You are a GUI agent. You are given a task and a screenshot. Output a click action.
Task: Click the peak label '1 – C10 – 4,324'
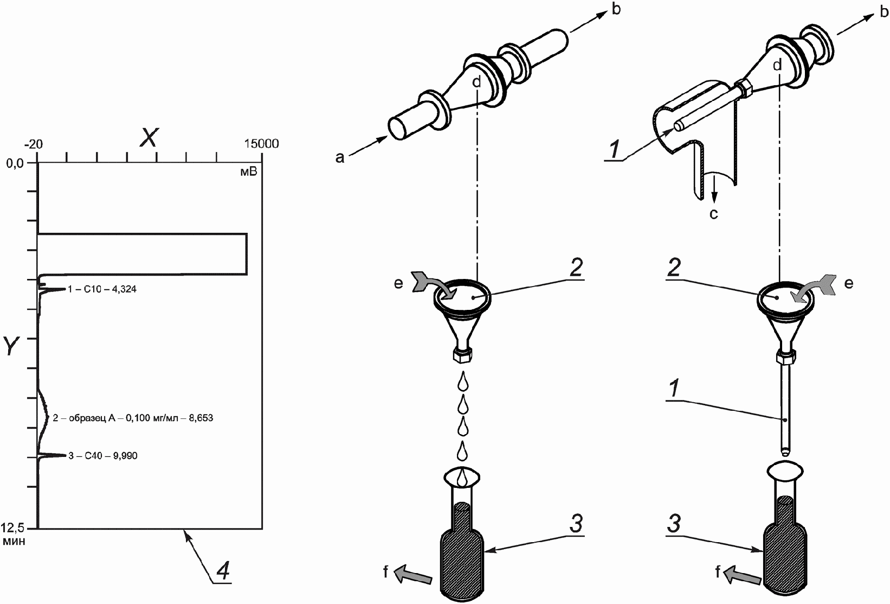tap(102, 289)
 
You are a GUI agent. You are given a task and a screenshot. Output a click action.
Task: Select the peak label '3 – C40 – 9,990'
tap(103, 456)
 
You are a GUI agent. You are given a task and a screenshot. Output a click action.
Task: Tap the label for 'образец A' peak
tap(133, 418)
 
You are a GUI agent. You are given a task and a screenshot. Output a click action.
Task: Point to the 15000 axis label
tap(261, 144)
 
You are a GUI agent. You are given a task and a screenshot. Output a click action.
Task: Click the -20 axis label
tap(34, 144)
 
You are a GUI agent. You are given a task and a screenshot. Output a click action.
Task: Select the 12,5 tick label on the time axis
tap(12, 528)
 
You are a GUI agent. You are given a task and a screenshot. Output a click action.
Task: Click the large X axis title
tap(150, 138)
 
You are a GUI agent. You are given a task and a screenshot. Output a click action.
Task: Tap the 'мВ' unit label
tap(249, 172)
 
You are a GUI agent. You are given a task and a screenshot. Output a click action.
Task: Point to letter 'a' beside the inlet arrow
tap(339, 158)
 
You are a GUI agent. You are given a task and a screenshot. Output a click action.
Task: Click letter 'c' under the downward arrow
tap(714, 214)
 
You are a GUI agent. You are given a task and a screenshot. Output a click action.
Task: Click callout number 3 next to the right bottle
tap(674, 524)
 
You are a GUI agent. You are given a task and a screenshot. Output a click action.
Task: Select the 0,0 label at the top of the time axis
tap(15, 163)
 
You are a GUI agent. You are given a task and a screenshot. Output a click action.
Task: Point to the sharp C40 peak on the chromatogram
tap(51, 455)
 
